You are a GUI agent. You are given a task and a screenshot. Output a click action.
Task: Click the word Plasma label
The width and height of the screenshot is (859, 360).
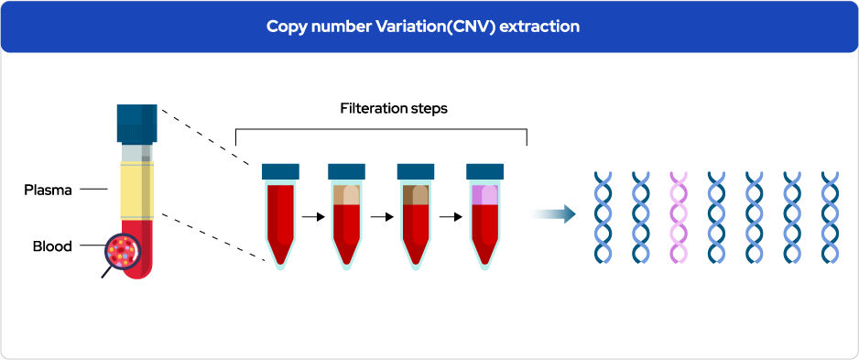(x=49, y=191)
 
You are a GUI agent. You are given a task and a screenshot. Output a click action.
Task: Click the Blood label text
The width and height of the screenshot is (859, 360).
(x=52, y=246)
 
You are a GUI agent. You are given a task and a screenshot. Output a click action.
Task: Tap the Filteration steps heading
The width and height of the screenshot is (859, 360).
(x=394, y=108)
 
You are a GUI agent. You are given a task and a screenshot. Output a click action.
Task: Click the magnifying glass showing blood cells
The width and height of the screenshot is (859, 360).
(x=122, y=252)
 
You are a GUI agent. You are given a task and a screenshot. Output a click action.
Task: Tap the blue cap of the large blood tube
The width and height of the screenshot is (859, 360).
(x=137, y=124)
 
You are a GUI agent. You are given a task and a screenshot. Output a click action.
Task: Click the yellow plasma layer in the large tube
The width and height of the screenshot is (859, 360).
(x=137, y=191)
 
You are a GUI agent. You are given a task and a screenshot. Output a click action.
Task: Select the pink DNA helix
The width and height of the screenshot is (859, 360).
(x=679, y=217)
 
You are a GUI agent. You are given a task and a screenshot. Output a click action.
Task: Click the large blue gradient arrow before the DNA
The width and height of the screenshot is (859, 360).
(x=553, y=213)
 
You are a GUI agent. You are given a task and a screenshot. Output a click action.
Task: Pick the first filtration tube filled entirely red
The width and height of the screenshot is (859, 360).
(x=280, y=217)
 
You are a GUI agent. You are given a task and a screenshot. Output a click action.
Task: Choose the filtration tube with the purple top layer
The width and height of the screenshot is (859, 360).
(x=484, y=217)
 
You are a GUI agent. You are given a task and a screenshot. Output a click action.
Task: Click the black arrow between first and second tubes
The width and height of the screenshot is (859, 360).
(x=313, y=217)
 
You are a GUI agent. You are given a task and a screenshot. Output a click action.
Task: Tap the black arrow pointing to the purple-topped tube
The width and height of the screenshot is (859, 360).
(x=451, y=217)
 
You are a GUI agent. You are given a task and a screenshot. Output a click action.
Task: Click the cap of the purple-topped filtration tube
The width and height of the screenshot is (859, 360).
(x=484, y=171)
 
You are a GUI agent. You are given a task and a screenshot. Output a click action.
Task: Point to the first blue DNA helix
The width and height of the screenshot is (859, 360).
(x=603, y=217)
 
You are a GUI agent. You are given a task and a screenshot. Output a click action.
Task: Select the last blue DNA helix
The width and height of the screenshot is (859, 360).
(x=830, y=217)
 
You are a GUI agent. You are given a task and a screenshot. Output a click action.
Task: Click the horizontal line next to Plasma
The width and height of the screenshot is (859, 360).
(x=93, y=190)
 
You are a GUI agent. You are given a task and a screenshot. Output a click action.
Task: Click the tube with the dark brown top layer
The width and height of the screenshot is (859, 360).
(x=416, y=217)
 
